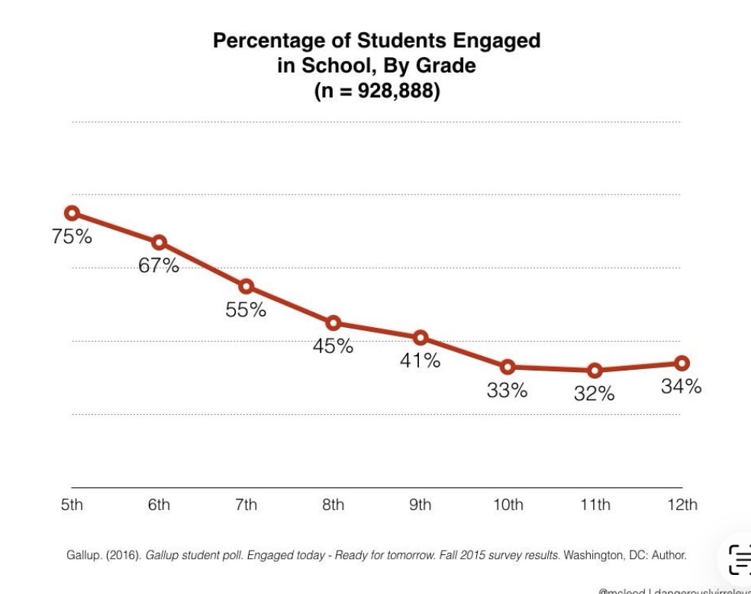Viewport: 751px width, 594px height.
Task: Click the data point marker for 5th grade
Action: (x=72, y=213)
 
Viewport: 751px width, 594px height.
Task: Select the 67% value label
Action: (x=159, y=265)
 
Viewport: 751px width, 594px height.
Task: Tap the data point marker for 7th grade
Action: (x=246, y=286)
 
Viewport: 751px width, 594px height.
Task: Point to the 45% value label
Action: (x=333, y=346)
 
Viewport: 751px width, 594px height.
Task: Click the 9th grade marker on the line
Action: (x=421, y=338)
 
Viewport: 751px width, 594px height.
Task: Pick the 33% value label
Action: (x=508, y=390)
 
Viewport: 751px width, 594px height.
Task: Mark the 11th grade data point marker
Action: (x=595, y=371)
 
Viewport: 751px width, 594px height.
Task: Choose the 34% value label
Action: (x=682, y=387)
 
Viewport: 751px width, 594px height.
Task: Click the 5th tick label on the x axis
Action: (x=72, y=505)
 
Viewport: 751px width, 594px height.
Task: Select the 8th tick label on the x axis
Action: (x=333, y=505)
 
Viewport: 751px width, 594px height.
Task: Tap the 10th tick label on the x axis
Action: (x=508, y=505)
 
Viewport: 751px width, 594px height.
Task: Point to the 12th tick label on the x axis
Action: (x=682, y=505)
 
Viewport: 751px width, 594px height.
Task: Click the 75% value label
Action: (x=72, y=236)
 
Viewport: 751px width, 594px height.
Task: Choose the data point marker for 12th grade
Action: (x=682, y=363)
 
